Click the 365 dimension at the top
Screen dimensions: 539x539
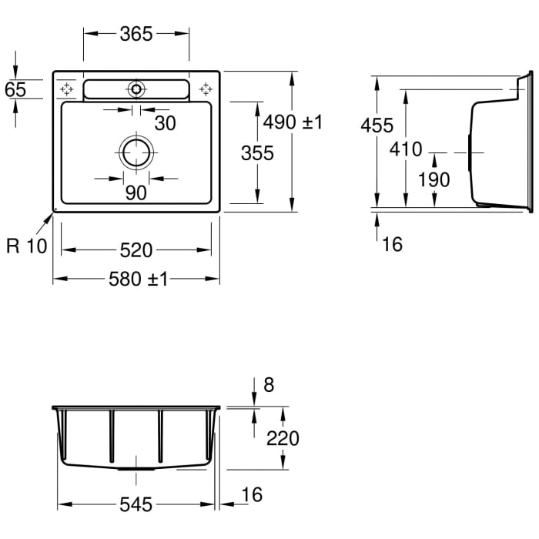pyautogui.click(x=136, y=34)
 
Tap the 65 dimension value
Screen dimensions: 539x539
pyautogui.click(x=15, y=89)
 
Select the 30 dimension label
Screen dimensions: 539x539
pyautogui.click(x=165, y=123)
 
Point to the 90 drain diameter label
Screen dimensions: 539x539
pyautogui.click(x=136, y=192)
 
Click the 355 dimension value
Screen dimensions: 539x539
pyautogui.click(x=257, y=153)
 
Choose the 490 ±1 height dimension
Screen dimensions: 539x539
pyautogui.click(x=293, y=122)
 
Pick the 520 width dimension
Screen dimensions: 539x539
pyautogui.click(x=136, y=250)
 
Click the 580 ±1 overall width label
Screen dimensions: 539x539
pyautogui.click(x=138, y=279)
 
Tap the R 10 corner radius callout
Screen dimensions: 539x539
pyautogui.click(x=26, y=246)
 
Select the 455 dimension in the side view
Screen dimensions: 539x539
pyautogui.click(x=377, y=125)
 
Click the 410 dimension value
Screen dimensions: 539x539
pyautogui.click(x=406, y=149)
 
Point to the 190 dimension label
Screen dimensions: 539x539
pyautogui.click(x=434, y=179)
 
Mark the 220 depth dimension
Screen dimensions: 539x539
pyautogui.click(x=283, y=438)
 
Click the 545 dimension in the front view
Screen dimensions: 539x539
pyautogui.click(x=136, y=504)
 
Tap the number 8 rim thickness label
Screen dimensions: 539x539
pyautogui.click(x=269, y=385)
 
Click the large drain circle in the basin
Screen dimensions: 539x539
pyautogui.click(x=136, y=139)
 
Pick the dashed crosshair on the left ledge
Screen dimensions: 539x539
pyautogui.click(x=66, y=89)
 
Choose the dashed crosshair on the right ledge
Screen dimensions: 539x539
pyautogui.click(x=206, y=89)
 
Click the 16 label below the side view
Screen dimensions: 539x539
pyautogui.click(x=392, y=244)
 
